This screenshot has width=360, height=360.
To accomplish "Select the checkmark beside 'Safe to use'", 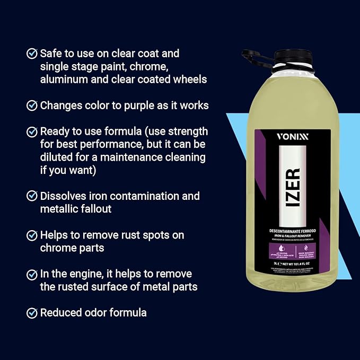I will [32, 54].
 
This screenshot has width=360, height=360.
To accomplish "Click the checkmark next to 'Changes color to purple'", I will [32, 106].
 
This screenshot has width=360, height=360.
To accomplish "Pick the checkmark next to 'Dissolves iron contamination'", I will [32, 196].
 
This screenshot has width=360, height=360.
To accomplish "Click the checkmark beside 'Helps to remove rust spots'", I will [32, 235].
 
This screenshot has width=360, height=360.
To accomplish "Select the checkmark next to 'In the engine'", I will [32, 274].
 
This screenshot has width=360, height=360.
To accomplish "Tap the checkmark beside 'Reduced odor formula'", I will [32, 313].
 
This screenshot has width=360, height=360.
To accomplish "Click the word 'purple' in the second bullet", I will [140, 106].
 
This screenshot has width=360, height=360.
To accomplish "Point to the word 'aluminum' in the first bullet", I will [63, 80].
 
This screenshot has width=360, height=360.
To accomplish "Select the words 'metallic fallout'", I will [76, 209].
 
